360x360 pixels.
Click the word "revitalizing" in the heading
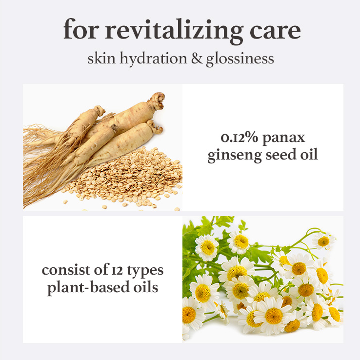174,31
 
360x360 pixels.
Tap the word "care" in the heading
275,32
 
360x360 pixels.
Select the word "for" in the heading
81,29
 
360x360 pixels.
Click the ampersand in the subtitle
197,59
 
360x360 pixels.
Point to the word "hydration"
153,59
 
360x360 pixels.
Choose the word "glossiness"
240,59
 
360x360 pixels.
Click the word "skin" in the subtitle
101,58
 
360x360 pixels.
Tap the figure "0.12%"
240,138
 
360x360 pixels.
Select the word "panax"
284,139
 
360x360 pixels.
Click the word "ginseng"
235,156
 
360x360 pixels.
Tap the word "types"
145,271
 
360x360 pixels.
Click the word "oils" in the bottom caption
146,287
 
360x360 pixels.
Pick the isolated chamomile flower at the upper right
323,241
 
